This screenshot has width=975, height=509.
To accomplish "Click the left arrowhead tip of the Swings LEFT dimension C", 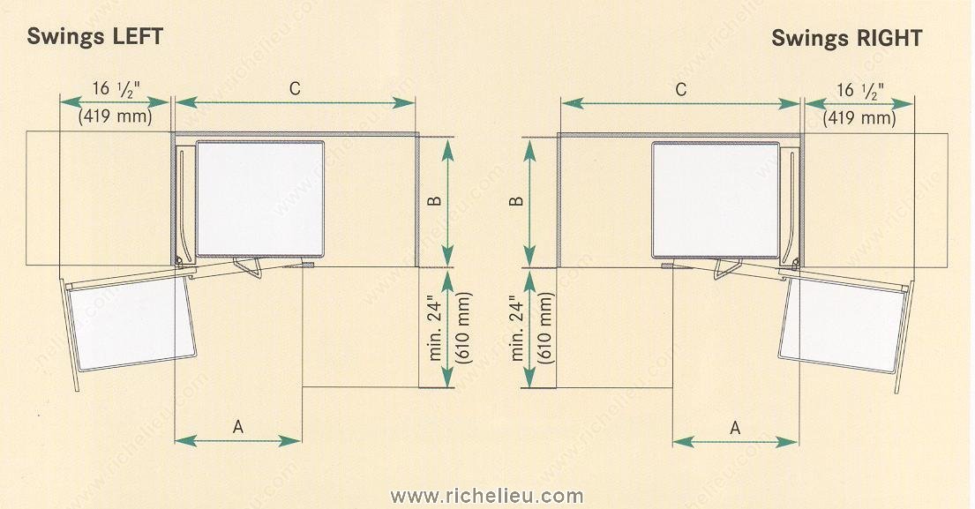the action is click(176, 102).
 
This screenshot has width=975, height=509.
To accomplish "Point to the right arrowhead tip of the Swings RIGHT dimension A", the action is click(798, 442).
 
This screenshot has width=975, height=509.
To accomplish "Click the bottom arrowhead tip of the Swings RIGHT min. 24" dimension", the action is click(529, 387).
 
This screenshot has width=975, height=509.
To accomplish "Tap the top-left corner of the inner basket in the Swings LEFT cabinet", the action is click(197, 142).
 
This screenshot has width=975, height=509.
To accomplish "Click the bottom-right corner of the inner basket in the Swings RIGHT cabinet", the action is click(779, 257).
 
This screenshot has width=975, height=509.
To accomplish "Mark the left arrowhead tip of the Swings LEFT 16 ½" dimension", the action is click(60, 102).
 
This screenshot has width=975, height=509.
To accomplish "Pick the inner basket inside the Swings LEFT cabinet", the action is click(260, 198).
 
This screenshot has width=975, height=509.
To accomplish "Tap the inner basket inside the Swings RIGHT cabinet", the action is click(715, 199).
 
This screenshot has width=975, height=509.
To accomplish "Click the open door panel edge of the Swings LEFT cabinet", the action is click(69, 333).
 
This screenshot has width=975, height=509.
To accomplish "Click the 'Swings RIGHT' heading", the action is click(846, 38).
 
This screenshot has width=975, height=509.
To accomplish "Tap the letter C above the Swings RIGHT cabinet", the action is click(681, 90).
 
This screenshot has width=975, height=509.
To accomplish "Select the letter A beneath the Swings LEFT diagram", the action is click(238, 427).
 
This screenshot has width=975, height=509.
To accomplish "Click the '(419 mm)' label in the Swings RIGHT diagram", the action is click(859, 118).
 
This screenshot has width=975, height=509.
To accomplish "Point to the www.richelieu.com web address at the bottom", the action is click(487, 496).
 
